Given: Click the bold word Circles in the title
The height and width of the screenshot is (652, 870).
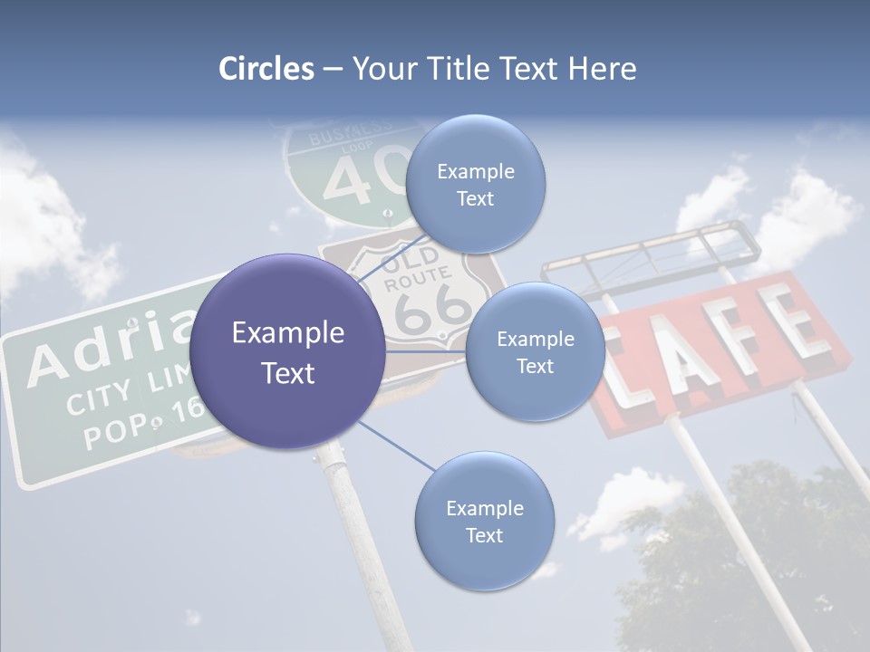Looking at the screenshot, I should (x=266, y=69).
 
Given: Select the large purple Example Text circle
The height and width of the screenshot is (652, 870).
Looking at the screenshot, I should (x=287, y=351).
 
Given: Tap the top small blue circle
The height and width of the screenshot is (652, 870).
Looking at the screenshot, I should (x=475, y=184).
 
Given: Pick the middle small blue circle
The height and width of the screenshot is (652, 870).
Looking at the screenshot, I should (x=535, y=351).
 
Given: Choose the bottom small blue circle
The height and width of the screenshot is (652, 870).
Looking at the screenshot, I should (x=484, y=521).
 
